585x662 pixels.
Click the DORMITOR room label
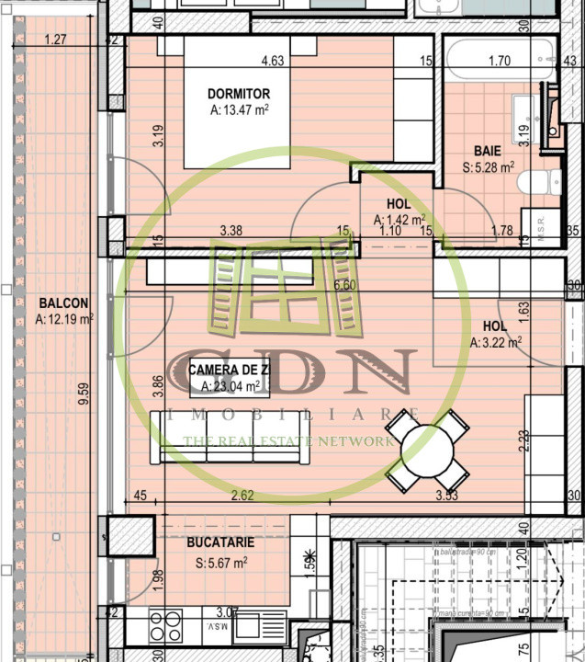tap(239, 94)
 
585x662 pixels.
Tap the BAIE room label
tap(487, 150)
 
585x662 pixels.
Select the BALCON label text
tap(63, 302)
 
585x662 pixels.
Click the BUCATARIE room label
tap(220, 542)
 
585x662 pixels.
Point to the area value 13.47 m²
tap(239, 110)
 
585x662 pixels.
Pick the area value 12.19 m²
tap(64, 320)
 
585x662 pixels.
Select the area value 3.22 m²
tap(496, 342)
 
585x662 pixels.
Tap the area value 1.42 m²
tap(399, 220)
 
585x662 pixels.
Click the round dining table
tap(427, 451)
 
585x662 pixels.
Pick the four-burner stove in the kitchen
tap(165, 625)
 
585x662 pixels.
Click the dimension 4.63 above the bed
tap(272, 62)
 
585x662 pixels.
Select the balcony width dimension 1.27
tap(56, 40)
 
